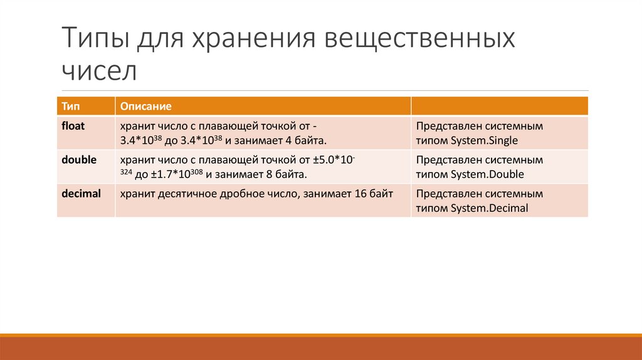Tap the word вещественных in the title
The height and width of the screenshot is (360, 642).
click(x=419, y=39)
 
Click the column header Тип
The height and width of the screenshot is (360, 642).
click(x=70, y=106)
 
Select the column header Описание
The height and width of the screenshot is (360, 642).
click(x=145, y=106)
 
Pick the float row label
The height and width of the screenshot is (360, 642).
click(x=73, y=125)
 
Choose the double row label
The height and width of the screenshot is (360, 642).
click(x=78, y=160)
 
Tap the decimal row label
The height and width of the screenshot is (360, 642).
click(x=81, y=194)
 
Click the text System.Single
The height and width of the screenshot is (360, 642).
click(x=485, y=140)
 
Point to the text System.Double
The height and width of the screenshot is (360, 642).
click(x=487, y=174)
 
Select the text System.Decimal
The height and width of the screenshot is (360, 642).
click(x=490, y=208)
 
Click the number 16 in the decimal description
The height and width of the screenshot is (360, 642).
click(x=360, y=194)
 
